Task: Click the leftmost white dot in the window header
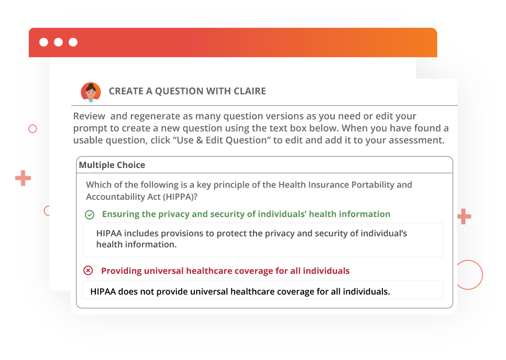tap(44, 42)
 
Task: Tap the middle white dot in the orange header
tap(58, 42)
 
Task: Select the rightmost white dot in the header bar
tap(73, 42)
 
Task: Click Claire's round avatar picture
tap(90, 92)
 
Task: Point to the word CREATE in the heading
tap(126, 91)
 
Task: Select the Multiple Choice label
tap(112, 165)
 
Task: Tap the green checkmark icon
tap(89, 215)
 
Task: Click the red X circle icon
tap(88, 270)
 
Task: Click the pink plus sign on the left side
tap(23, 178)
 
